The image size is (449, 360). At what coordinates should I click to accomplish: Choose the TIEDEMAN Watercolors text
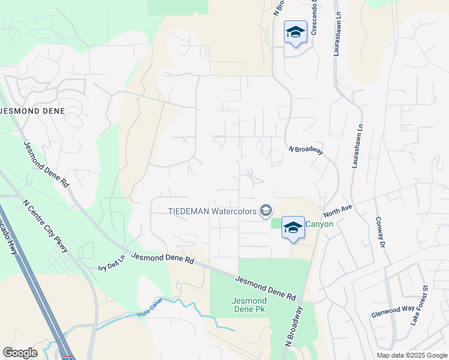point(211,211)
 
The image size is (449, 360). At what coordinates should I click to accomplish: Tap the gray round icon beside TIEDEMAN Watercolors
point(265,211)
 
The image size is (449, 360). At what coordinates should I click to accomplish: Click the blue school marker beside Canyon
point(293,228)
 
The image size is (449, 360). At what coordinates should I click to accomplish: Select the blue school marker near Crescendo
point(295,31)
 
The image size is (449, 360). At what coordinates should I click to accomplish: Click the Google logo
point(20,352)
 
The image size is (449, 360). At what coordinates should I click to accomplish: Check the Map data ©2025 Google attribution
point(412,355)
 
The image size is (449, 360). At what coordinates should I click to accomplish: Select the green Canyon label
point(319,224)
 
